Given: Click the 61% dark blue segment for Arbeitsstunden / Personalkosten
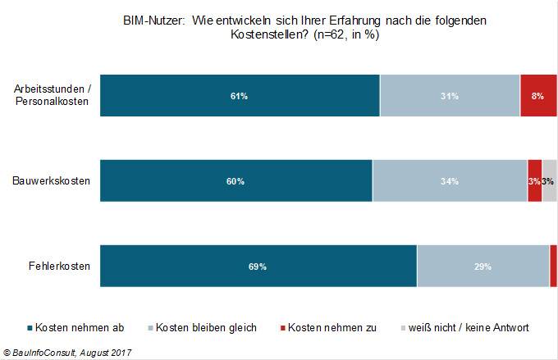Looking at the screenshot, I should (240, 96).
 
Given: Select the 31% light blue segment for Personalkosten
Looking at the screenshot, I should (450, 96).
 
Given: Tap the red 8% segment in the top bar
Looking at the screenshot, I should (537, 96).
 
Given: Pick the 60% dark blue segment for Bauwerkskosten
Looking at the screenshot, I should (236, 180).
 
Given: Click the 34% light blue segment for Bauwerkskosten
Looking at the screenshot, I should (449, 180).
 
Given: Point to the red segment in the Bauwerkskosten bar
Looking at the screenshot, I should (534, 180).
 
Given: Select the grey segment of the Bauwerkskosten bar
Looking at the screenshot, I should (549, 180).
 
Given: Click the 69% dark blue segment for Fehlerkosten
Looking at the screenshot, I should (258, 266).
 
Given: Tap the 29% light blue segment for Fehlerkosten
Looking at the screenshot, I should (483, 266).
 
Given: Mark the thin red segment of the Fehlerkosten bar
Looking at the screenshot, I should (553, 266).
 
